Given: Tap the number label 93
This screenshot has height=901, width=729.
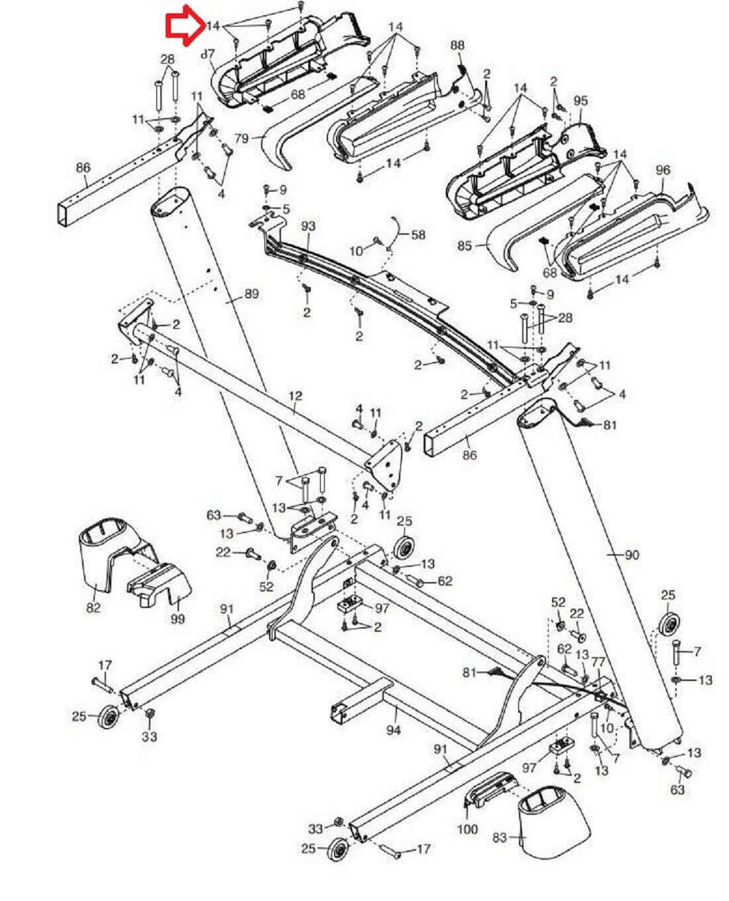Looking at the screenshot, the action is (308, 226).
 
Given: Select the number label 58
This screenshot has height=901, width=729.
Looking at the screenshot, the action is (418, 234).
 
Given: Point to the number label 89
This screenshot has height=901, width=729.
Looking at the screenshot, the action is (251, 293).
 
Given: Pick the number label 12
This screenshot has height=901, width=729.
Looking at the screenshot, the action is (296, 396).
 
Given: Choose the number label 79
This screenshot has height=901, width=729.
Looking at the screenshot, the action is (241, 139).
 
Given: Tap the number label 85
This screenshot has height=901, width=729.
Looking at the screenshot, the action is (465, 245).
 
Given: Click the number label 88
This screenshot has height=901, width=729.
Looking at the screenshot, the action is (457, 45).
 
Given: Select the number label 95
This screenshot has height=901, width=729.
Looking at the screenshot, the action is (581, 101).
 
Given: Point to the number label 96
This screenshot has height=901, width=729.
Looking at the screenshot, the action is (663, 170).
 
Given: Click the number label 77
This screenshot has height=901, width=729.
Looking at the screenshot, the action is (598, 661).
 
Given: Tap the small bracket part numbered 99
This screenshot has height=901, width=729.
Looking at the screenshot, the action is (160, 585).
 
